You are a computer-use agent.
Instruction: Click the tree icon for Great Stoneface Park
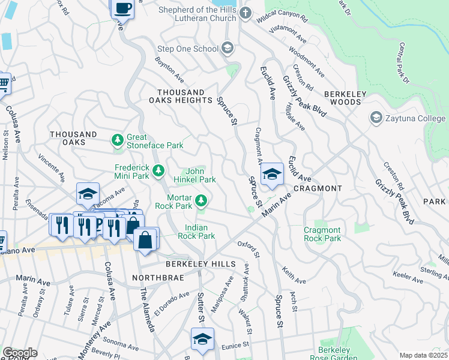[118, 140]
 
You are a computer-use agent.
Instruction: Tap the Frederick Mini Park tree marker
[158, 172]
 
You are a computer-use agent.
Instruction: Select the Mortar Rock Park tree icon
[203, 200]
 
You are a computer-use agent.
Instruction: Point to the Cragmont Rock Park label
[322, 234]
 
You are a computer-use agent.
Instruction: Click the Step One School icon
[228, 47]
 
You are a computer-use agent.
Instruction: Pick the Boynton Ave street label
[169, 70]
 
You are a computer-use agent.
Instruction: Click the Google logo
[20, 353]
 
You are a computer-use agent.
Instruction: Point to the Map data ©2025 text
[423, 355]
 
